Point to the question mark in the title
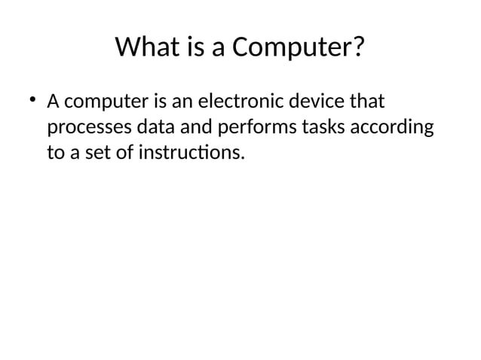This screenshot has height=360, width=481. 359,49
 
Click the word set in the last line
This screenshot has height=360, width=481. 106,154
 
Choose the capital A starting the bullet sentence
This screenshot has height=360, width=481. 54,101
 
